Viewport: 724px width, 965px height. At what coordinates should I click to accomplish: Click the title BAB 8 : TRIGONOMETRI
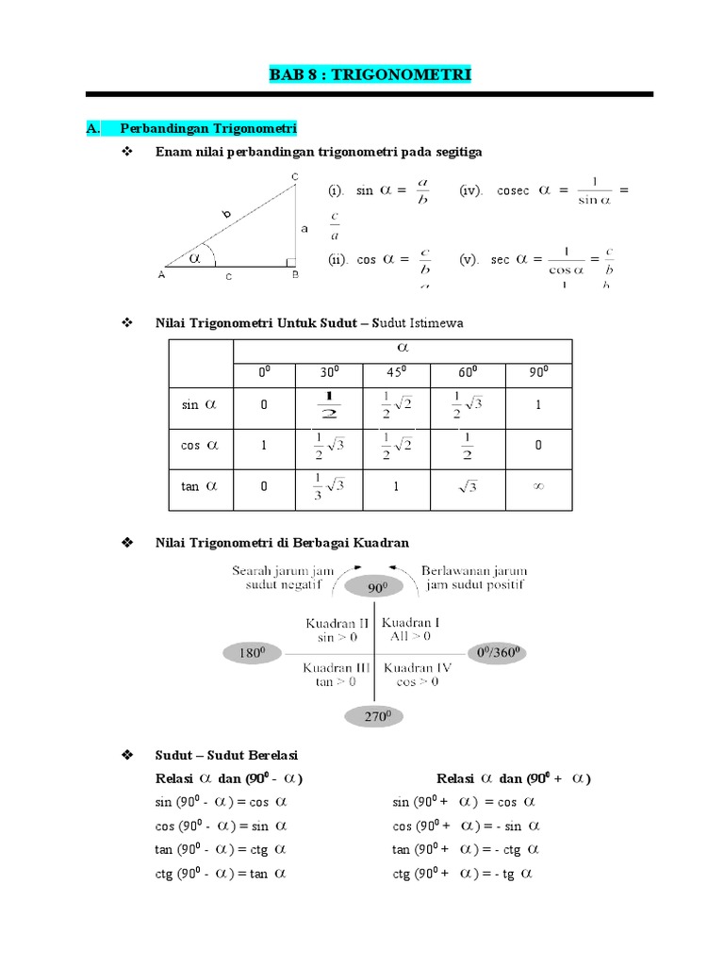tap(370, 74)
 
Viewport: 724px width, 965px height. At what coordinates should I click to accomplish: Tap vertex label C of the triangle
tap(295, 177)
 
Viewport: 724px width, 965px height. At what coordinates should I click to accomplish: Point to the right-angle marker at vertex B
tap(290, 263)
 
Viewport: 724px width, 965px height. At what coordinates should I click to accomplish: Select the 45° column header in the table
tap(396, 372)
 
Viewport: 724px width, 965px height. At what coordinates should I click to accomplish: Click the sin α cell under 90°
tap(538, 404)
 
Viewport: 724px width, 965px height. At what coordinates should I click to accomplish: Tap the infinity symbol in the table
tap(538, 486)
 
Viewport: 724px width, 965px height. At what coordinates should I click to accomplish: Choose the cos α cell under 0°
tap(264, 446)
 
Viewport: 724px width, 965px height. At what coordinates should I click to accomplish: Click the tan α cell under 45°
tap(396, 486)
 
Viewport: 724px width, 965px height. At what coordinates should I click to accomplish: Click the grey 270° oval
tap(376, 717)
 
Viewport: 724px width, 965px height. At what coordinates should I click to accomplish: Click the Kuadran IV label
tap(418, 668)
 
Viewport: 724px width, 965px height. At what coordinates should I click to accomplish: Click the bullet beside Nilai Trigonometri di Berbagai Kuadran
tap(128, 543)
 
